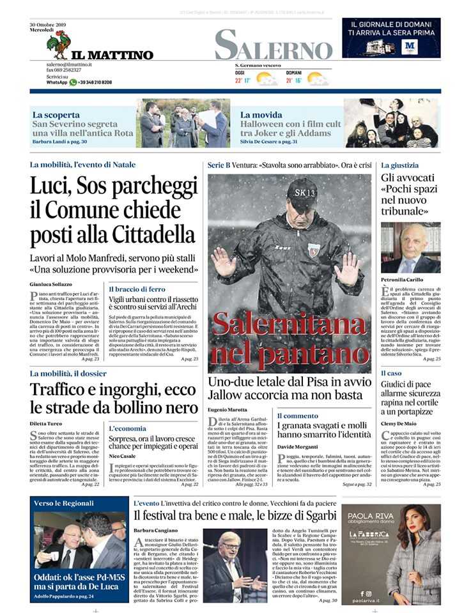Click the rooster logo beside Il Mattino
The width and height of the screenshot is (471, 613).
[x=58, y=45]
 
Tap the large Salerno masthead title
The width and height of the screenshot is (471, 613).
[x=274, y=45]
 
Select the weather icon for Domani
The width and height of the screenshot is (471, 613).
[x=317, y=79]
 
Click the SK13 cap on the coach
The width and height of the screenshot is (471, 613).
[x=301, y=191]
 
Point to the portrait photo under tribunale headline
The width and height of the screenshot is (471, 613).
[x=410, y=248]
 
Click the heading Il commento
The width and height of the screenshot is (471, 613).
[x=298, y=416]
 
